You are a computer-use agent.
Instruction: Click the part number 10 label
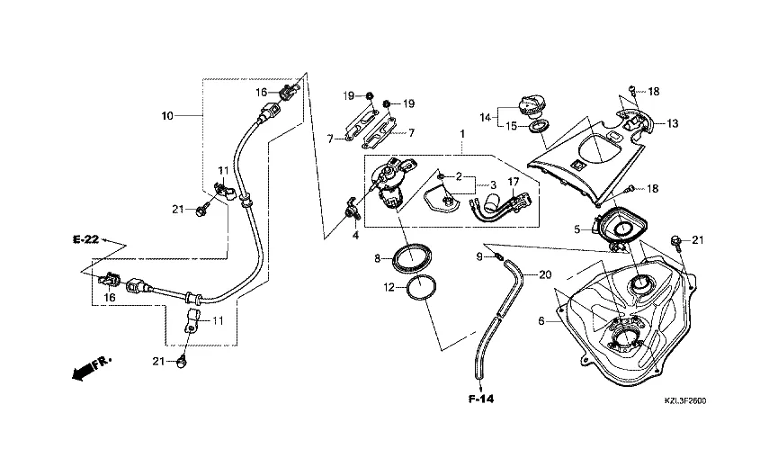(167, 116)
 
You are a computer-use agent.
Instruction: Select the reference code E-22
(85, 239)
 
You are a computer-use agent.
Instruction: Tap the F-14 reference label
(481, 397)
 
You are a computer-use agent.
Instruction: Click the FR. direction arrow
(90, 366)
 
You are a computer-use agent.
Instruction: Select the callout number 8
(379, 259)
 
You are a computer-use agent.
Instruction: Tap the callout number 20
(545, 274)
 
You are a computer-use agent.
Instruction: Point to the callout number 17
(515, 181)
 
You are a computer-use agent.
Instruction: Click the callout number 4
(355, 236)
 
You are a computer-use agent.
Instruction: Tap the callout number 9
(479, 257)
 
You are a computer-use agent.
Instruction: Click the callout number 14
(484, 116)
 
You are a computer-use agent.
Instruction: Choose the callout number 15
(510, 126)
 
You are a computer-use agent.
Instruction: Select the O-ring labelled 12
(419, 290)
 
